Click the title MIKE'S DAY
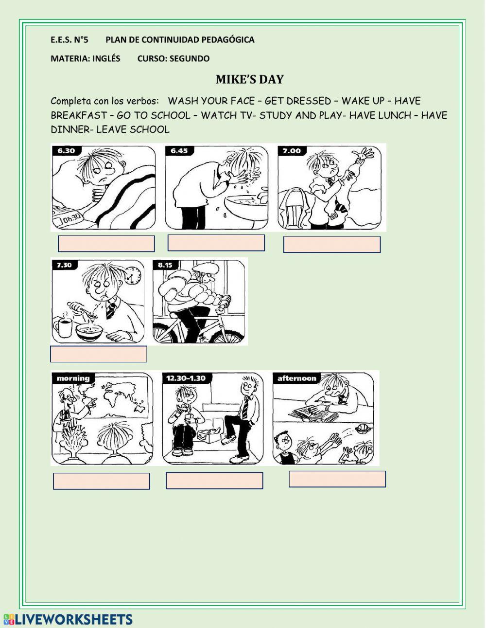(x=249, y=80)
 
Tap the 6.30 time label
(x=66, y=151)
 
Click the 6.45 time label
(x=179, y=151)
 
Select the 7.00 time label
(x=292, y=151)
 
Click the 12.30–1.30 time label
(x=185, y=378)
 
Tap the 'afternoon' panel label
(x=296, y=378)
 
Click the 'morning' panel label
(x=73, y=378)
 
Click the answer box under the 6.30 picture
(x=106, y=244)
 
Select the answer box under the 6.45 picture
(x=216, y=243)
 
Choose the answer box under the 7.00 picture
(x=332, y=245)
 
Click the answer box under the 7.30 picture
(x=98, y=354)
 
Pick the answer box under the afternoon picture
(x=337, y=479)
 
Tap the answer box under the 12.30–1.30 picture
(x=214, y=481)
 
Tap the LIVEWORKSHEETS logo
(x=68, y=619)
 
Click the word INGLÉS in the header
(x=106, y=58)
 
